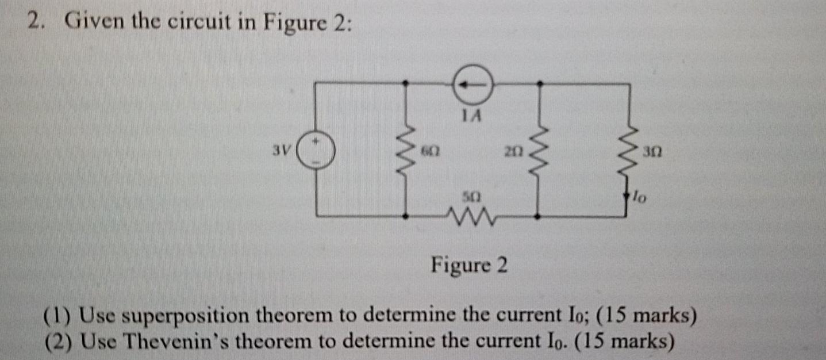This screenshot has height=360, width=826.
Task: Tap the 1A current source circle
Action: (472, 85)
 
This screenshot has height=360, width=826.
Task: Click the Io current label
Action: (640, 198)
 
